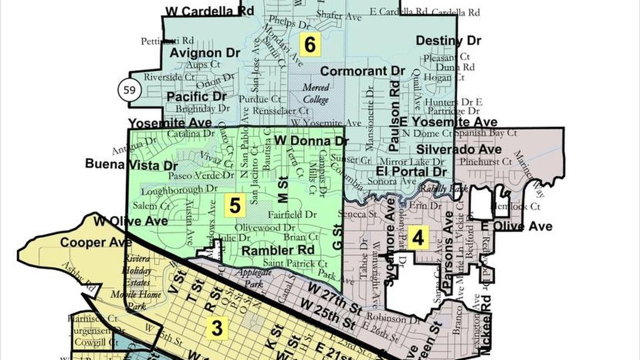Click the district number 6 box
(310, 44)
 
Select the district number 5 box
(235, 206)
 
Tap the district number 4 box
(418, 238)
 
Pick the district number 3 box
(217, 329)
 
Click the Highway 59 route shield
(129, 90)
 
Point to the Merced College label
(316, 93)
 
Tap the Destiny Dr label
(448, 41)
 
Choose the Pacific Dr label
(196, 97)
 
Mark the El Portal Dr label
(412, 171)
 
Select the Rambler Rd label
(277, 250)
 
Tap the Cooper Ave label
(88, 243)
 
